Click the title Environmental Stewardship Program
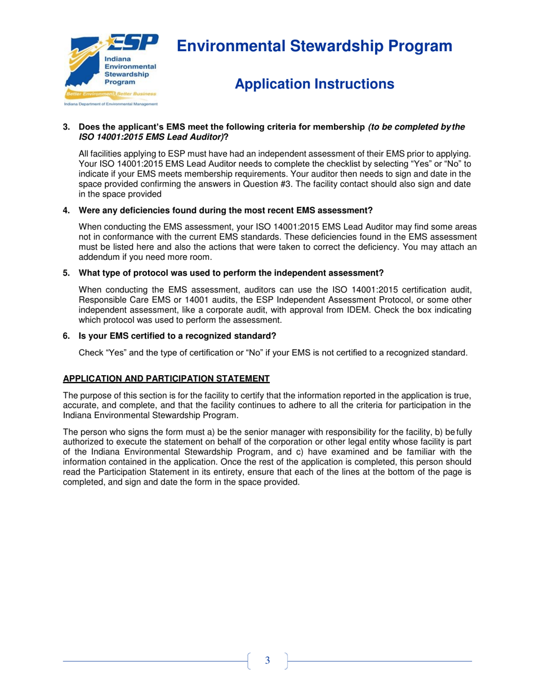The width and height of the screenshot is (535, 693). tap(315, 46)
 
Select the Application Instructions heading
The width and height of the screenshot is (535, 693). tap(314, 85)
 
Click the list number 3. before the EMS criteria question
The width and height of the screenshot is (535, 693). tap(66, 128)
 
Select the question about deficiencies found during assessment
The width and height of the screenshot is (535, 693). tap(225, 211)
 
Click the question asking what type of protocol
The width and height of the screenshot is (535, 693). tap(231, 273)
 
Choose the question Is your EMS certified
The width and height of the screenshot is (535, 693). tap(177, 336)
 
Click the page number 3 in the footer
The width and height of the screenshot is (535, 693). tap(267, 660)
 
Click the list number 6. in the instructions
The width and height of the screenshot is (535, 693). tap(66, 336)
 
